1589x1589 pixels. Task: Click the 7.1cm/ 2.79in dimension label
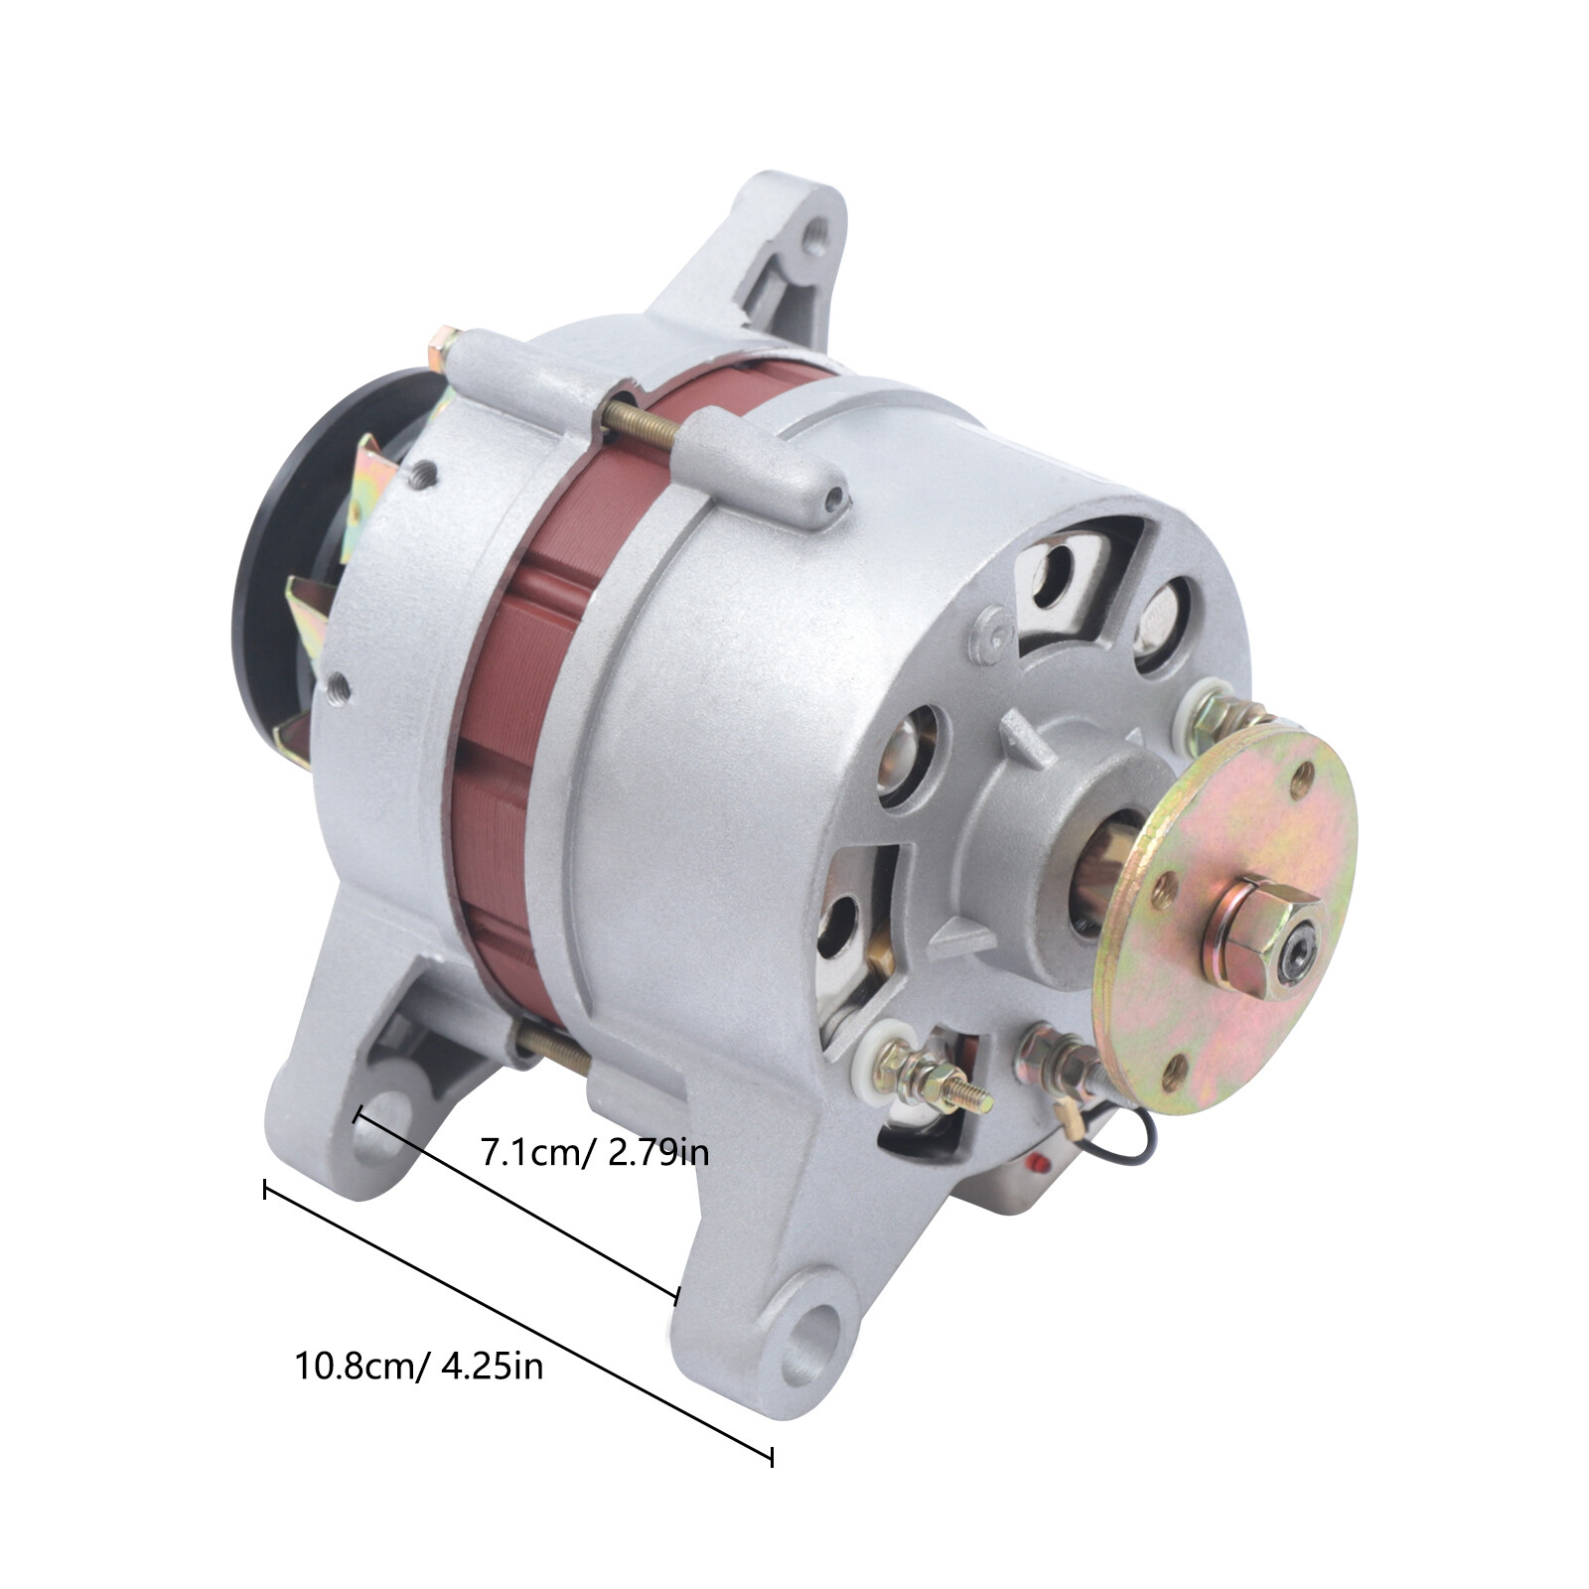[594, 1153]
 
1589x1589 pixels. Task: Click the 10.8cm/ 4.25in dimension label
[418, 1366]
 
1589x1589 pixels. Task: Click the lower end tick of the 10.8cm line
[772, 1457]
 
